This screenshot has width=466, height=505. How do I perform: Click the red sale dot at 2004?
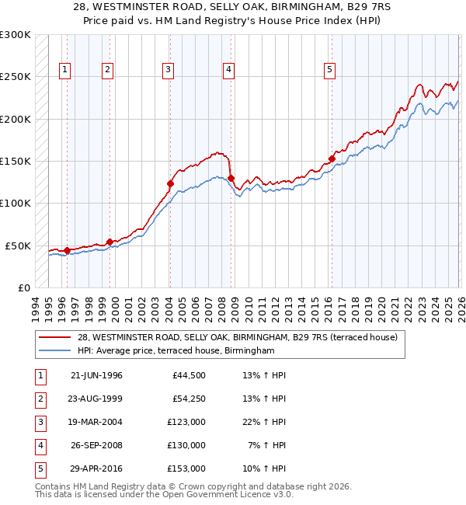pos(170,184)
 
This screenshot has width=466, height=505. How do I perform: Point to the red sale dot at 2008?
pos(231,178)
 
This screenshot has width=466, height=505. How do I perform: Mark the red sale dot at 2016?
pos(332,158)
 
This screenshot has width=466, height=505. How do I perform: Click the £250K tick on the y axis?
pos(16,77)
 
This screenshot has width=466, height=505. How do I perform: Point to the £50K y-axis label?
pos(18,246)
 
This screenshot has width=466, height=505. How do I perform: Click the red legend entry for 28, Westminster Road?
pos(237,337)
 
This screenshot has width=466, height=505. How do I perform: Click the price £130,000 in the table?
pos(186,445)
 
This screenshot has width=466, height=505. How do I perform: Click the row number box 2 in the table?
pos(38,399)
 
